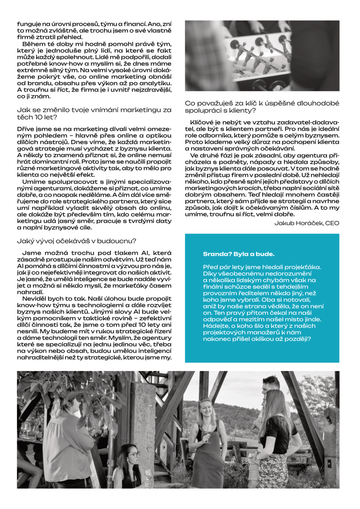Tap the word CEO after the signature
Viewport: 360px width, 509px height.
pyautogui.click(x=332, y=223)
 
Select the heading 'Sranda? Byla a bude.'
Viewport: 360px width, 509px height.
pyautogui.click(x=239, y=254)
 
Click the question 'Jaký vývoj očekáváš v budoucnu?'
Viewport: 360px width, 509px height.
pyautogui.click(x=77, y=241)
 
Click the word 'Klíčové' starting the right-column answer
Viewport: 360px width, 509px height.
pyautogui.click(x=202, y=123)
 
